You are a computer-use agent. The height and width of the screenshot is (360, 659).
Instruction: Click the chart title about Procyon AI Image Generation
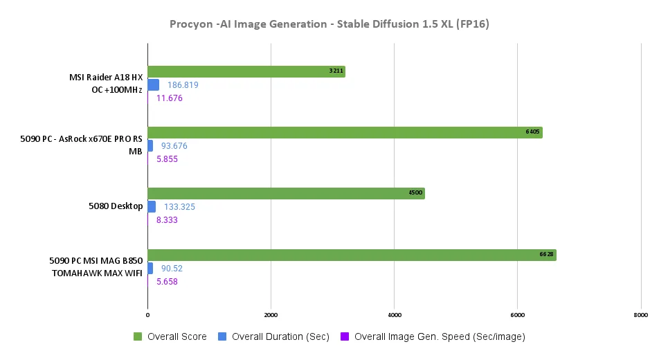329,24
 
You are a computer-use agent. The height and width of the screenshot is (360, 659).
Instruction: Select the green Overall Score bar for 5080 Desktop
285,194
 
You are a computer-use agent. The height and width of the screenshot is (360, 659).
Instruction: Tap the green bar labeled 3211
246,71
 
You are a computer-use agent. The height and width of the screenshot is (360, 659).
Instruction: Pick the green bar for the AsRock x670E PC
344,132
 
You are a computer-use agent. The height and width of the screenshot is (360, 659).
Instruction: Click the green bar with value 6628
351,255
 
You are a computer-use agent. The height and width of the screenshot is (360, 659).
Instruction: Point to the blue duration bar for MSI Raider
153,85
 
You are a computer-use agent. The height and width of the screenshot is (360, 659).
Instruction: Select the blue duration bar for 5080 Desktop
152,207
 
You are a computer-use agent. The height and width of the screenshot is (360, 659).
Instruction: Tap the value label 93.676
174,146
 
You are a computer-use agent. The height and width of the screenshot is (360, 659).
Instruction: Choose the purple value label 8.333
170,220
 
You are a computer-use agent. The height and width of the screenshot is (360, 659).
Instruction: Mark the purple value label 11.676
170,98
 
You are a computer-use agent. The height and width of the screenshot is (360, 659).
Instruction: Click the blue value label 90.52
172,268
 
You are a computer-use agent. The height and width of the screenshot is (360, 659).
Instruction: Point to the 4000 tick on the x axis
394,315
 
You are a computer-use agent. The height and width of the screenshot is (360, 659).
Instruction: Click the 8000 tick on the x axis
640,315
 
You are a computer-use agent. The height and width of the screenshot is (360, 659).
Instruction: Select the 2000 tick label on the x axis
271,315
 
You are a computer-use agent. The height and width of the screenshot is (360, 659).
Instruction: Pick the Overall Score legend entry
170,337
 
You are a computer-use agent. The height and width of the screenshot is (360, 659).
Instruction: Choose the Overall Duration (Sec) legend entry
273,337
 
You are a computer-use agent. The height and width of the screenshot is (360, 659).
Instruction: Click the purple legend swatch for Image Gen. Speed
345,337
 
